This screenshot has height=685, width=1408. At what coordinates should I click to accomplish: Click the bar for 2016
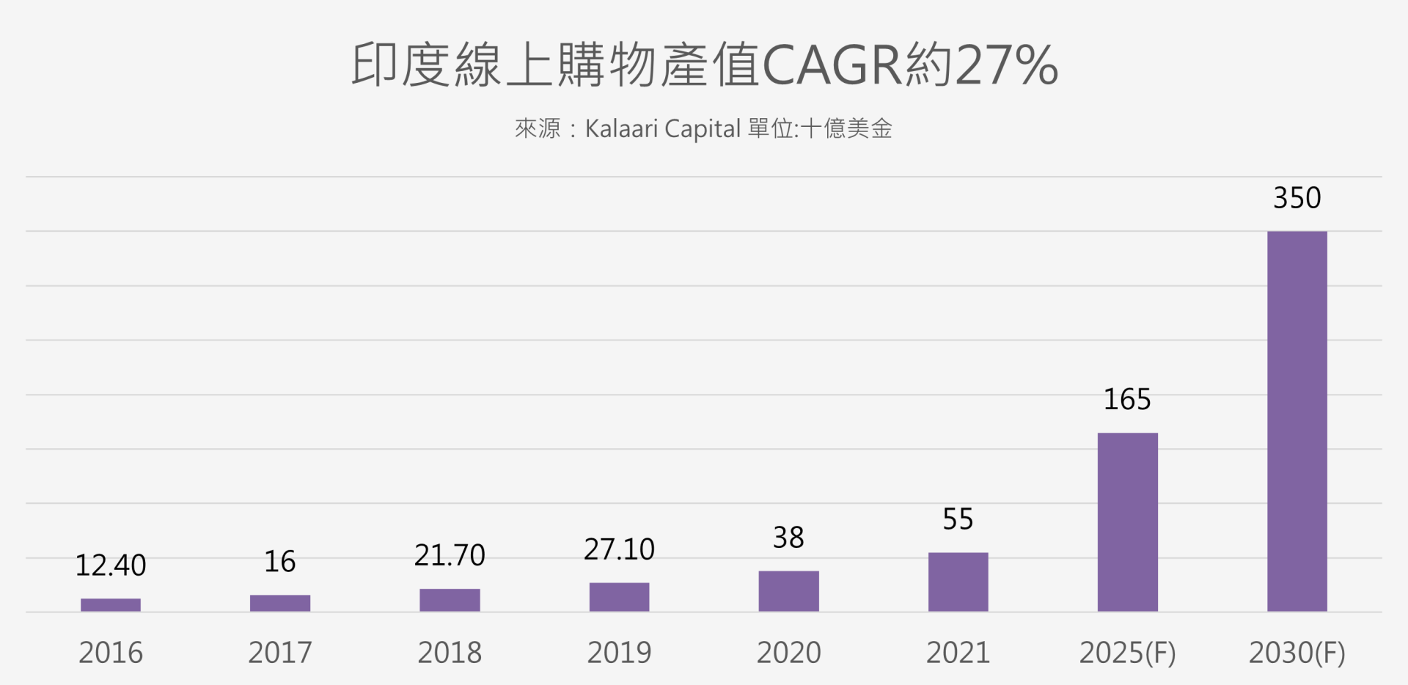pyautogui.click(x=111, y=605)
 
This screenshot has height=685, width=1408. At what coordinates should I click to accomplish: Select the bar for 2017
pyautogui.click(x=280, y=603)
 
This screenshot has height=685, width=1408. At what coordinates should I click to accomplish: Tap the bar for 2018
pyautogui.click(x=450, y=600)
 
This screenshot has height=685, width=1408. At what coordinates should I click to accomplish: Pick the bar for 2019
pyautogui.click(x=619, y=597)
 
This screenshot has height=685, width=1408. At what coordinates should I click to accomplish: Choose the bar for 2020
pyautogui.click(x=788, y=591)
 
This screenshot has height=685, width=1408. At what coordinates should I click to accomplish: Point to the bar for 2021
pyautogui.click(x=958, y=582)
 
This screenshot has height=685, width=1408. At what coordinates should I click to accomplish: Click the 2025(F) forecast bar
pyautogui.click(x=1127, y=521)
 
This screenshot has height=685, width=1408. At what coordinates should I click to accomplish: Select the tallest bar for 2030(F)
pyautogui.click(x=1297, y=421)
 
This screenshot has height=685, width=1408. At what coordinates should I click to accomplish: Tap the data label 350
pyautogui.click(x=1297, y=198)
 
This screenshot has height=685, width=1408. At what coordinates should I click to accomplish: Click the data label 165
pyautogui.click(x=1127, y=400)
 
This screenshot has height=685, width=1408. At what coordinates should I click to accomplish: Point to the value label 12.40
pyautogui.click(x=111, y=565)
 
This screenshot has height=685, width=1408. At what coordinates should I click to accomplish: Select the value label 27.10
pyautogui.click(x=619, y=549)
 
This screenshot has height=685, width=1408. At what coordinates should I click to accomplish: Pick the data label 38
pyautogui.click(x=788, y=538)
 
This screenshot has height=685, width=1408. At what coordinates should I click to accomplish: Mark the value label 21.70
pyautogui.click(x=450, y=555)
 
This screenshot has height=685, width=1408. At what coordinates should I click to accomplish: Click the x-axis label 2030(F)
pyautogui.click(x=1297, y=653)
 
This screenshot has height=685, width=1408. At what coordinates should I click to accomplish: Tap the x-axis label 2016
pyautogui.click(x=111, y=653)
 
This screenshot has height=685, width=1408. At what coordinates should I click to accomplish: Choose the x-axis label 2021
pyautogui.click(x=958, y=653)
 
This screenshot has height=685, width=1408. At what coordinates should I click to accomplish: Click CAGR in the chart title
pyautogui.click(x=833, y=65)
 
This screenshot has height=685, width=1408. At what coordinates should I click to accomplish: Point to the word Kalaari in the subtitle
pyautogui.click(x=621, y=129)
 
